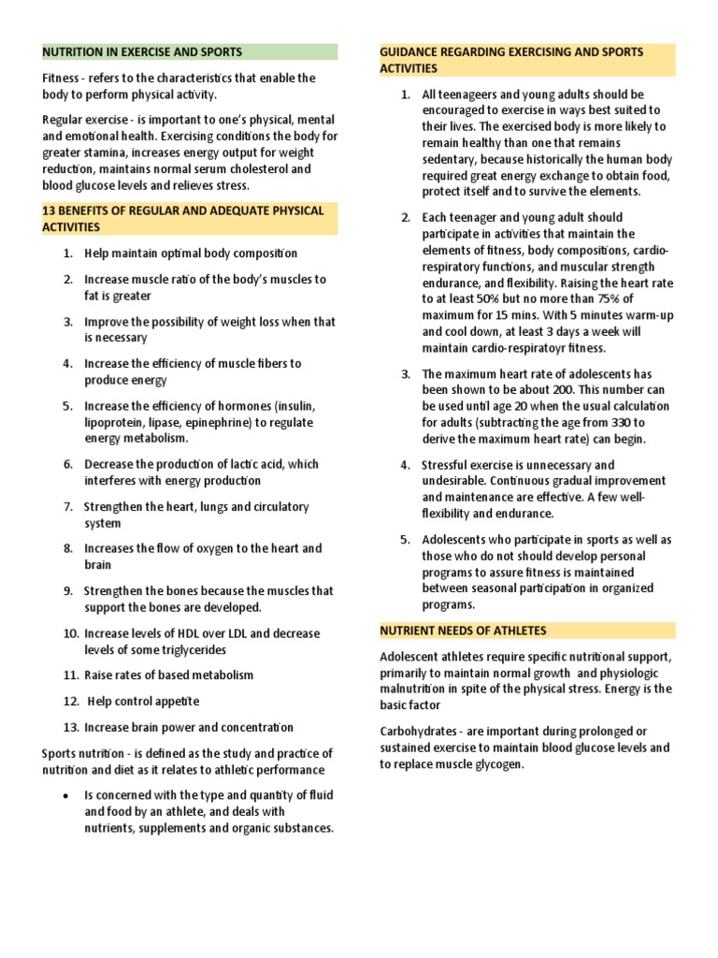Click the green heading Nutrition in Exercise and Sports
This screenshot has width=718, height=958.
point(142,52)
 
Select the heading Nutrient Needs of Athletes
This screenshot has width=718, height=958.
point(463,631)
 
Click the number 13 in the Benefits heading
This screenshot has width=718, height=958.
point(50,211)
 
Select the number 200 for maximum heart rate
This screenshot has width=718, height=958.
point(534,390)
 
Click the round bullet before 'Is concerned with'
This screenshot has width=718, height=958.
point(63,795)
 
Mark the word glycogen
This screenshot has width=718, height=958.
point(502,764)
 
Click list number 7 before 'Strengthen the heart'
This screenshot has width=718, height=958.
point(68,507)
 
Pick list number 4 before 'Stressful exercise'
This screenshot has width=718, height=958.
point(406,465)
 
